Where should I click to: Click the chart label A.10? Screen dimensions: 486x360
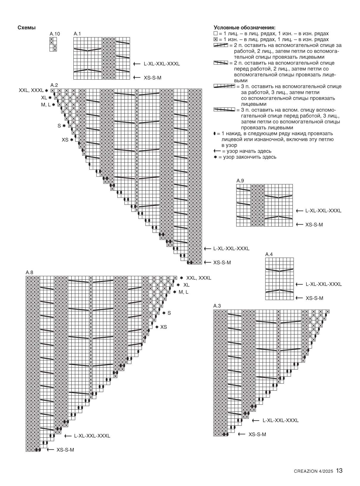pos(55,34)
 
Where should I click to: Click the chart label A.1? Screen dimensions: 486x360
pos(77,34)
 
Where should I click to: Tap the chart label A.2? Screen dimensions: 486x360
pos(54,85)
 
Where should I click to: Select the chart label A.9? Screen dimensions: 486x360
pos(240,181)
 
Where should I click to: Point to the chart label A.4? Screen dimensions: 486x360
pos(269,254)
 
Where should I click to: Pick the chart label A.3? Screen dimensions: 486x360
pos(217,306)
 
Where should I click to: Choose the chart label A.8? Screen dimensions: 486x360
pos(29,272)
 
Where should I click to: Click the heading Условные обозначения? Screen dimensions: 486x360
pos(244,28)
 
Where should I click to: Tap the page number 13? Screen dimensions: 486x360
pos(339,471)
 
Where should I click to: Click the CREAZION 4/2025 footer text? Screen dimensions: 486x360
pos(313,471)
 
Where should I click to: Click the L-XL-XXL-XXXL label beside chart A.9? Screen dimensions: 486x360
pos(323,211)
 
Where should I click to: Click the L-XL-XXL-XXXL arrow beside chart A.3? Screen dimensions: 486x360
pos(256,420)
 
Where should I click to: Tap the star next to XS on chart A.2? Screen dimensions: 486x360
pos(72,140)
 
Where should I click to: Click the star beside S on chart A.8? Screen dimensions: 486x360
pos(164,313)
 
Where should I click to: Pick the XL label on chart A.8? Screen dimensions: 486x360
pos(186,285)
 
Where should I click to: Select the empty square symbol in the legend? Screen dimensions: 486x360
pos(216,34)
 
